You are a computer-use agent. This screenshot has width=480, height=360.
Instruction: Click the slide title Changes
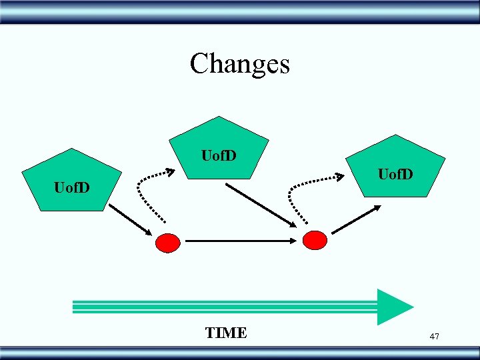tap(239, 64)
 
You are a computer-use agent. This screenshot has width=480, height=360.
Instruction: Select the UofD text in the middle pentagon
tap(219, 156)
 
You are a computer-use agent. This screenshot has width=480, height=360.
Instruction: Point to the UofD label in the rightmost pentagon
tap(395, 175)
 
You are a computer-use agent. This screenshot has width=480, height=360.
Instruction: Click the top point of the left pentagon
tap(72, 149)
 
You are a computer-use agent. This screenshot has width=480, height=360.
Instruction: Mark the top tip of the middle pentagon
tap(219, 117)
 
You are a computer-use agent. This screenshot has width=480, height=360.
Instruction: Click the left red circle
tap(167, 242)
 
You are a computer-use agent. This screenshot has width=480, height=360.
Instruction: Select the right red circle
tap(315, 240)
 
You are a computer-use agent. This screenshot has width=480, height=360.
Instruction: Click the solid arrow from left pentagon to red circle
tap(131, 219)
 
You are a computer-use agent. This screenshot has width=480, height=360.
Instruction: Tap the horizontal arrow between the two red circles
tap(240, 241)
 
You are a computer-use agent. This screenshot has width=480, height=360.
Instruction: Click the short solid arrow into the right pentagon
tap(357, 219)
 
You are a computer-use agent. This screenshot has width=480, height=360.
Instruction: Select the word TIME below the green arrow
tap(226, 333)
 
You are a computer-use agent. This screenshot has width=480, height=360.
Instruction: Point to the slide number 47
tap(434, 337)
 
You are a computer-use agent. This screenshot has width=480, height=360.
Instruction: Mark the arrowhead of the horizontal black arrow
tap(293, 241)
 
